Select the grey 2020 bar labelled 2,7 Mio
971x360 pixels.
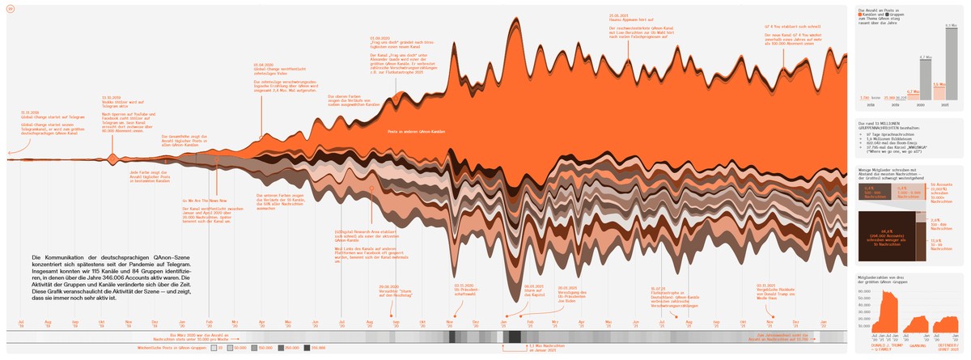[x=924, y=81]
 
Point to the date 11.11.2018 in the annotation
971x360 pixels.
[x=30, y=112]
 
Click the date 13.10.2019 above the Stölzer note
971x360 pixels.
[x=110, y=96]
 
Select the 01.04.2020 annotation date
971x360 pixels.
[x=263, y=65]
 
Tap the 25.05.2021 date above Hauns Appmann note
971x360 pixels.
[x=620, y=15]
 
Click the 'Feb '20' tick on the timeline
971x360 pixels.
[x=209, y=322]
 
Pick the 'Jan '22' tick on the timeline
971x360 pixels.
[x=824, y=322]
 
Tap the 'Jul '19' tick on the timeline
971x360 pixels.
[x=22, y=322]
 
